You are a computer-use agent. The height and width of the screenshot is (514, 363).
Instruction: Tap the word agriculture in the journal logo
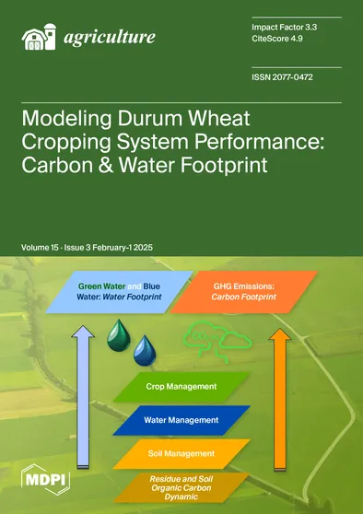(x=109, y=39)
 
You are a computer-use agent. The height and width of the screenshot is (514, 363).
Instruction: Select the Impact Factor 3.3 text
(x=286, y=28)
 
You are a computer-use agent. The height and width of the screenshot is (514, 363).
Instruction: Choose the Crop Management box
(x=181, y=386)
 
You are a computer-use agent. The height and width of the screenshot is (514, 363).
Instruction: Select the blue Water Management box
(x=181, y=419)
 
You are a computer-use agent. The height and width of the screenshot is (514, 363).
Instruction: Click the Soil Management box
(x=181, y=453)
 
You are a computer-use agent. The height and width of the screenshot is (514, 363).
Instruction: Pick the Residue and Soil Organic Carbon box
(x=181, y=486)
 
